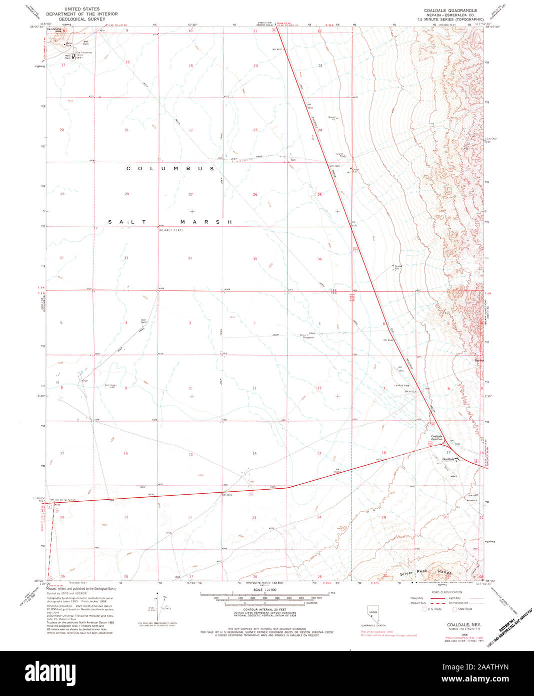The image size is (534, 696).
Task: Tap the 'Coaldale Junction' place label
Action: tap(437, 438)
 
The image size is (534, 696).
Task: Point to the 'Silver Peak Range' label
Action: tap(425, 573)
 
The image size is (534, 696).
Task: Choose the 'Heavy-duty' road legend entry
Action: tap(417, 598)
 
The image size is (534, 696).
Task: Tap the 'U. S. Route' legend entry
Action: tap(433, 609)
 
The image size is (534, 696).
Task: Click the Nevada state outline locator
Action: tap(373, 614)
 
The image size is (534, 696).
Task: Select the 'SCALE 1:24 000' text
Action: tap(264, 590)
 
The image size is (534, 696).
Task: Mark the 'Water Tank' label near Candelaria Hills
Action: tap(69, 44)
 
